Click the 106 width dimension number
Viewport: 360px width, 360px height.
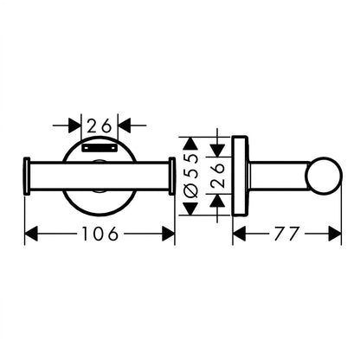coord(100,234)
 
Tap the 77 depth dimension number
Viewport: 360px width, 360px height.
coord(286,234)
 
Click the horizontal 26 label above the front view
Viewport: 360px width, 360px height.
coord(99,125)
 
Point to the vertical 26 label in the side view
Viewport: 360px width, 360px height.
coord(218,176)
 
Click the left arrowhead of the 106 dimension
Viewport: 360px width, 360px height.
coord(31,234)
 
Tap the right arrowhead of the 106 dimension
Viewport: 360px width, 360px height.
coord(168,234)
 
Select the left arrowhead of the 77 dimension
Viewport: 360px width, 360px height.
coord(239,234)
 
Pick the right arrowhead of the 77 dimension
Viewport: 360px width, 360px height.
coord(335,234)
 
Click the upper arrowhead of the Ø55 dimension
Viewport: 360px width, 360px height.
coord(190,144)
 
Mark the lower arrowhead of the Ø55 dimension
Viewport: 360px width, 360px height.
coord(190,209)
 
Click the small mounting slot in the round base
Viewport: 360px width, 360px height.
coord(100,148)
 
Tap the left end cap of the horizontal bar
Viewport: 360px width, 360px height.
coord(26,176)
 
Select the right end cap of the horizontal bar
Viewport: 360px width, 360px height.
coord(172,176)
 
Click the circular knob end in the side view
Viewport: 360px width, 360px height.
coord(325,175)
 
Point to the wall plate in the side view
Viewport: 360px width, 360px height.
coord(240,176)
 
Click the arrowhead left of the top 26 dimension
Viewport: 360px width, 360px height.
coord(74,125)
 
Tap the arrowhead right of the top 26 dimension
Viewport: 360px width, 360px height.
coord(125,125)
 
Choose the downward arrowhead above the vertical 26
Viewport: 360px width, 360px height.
coord(217,151)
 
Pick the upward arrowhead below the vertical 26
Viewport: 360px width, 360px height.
coord(217,201)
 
